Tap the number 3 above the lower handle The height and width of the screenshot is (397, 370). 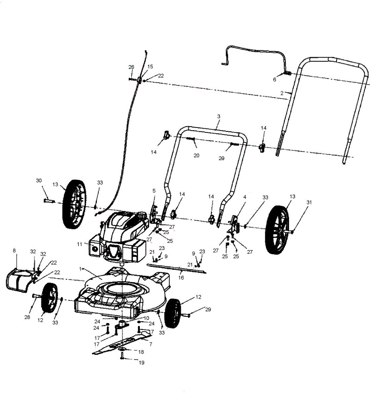point(219,116)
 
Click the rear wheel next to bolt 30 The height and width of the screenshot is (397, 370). point(74,204)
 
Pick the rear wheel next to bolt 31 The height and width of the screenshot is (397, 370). point(277,230)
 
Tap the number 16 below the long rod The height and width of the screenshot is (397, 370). point(181,278)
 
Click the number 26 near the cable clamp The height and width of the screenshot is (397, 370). point(131,67)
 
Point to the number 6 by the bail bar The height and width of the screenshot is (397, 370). point(274,79)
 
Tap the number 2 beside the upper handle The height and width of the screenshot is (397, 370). point(282,93)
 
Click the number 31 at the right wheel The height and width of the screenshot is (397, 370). point(309,202)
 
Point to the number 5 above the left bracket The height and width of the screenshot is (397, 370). point(154,191)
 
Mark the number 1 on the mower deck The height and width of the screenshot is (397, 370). point(80,269)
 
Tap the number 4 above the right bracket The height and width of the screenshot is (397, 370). point(244,197)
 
